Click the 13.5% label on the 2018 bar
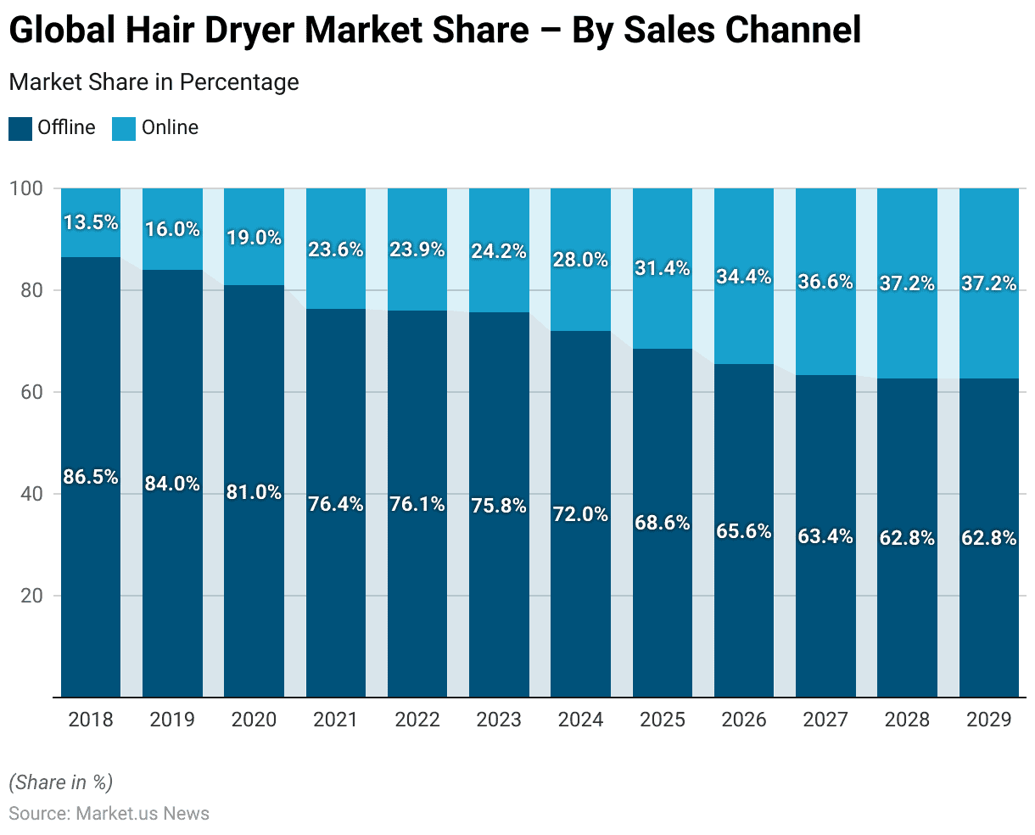click(x=91, y=222)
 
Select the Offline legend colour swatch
click(x=20, y=129)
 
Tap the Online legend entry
click(x=169, y=128)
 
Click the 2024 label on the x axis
click(x=580, y=720)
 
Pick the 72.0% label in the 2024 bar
click(x=580, y=514)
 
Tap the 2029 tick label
click(x=988, y=720)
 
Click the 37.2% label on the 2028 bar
click(x=907, y=283)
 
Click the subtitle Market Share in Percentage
click(x=154, y=82)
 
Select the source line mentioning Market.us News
click(x=109, y=813)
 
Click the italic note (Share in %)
click(x=60, y=782)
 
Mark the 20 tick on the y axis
click(x=31, y=596)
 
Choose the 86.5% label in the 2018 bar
click(x=91, y=477)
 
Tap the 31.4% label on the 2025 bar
click(x=663, y=268)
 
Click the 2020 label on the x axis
click(x=254, y=720)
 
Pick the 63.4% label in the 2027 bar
click(x=825, y=536)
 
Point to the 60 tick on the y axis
click(x=31, y=392)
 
